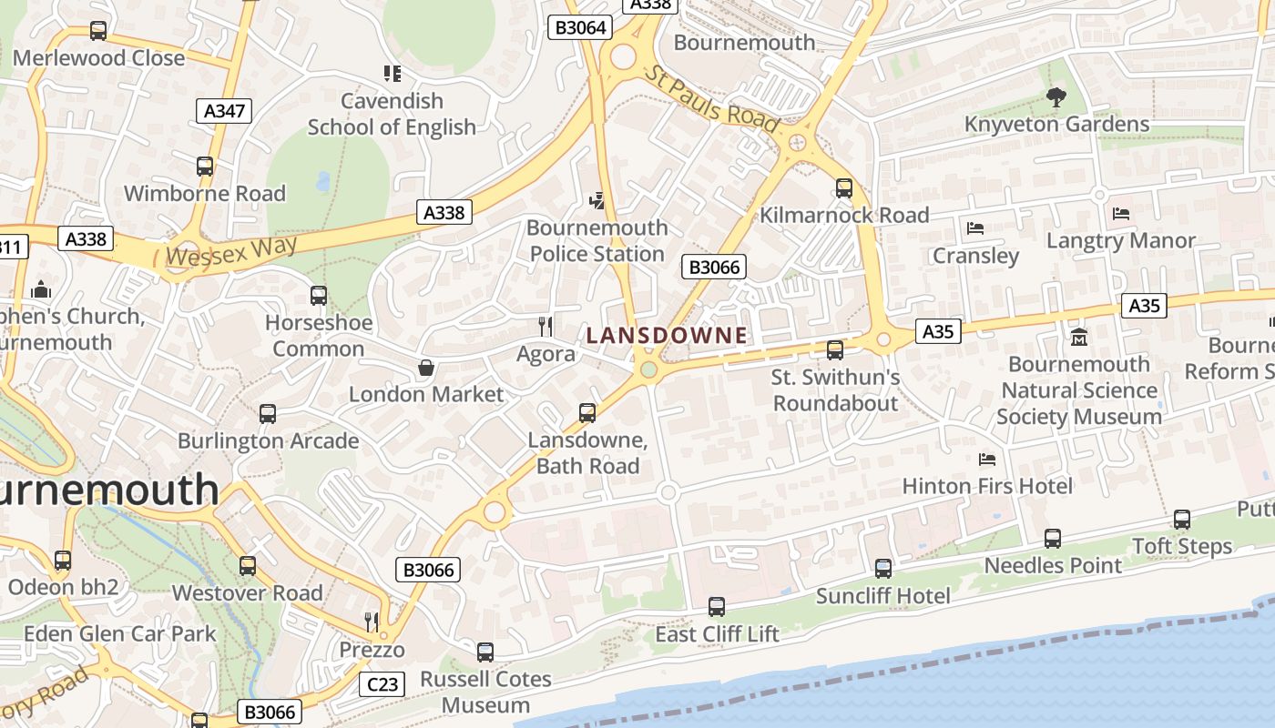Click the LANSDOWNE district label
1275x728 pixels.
[667, 335]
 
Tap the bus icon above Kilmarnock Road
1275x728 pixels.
[844, 188]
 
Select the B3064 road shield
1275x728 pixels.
[581, 27]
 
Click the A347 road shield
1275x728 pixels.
[224, 111]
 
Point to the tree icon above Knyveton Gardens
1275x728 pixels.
[1056, 96]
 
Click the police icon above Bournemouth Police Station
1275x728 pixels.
[597, 199]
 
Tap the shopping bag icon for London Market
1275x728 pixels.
[425, 368]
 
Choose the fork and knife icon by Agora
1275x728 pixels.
[546, 326]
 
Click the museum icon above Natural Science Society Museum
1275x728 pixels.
[1079, 338]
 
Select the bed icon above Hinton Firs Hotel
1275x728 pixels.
[987, 460]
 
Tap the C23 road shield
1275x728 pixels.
[382, 683]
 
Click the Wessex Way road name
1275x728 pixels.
[233, 251]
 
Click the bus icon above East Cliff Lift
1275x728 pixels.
[717, 607]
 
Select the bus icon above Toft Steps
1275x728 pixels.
[1182, 520]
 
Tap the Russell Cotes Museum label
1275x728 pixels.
[486, 692]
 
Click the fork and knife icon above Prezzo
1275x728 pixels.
[372, 622]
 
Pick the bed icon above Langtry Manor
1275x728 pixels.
[1121, 214]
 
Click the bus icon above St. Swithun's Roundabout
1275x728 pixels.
[835, 349]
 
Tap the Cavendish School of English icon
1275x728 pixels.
[393, 74]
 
